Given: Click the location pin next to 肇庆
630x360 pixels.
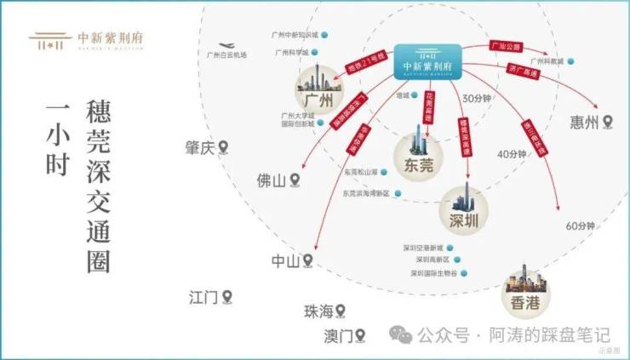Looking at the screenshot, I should click(x=225, y=148).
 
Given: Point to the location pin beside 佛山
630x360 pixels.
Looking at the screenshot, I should click(x=295, y=180).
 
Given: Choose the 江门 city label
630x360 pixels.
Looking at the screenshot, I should click(x=203, y=297).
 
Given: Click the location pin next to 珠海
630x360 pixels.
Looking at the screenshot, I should click(x=341, y=311).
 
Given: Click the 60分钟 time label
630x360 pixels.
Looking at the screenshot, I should click(x=578, y=226).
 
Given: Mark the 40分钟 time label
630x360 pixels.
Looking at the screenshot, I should click(x=513, y=154).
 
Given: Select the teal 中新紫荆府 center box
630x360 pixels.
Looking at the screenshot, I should click(x=427, y=62).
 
